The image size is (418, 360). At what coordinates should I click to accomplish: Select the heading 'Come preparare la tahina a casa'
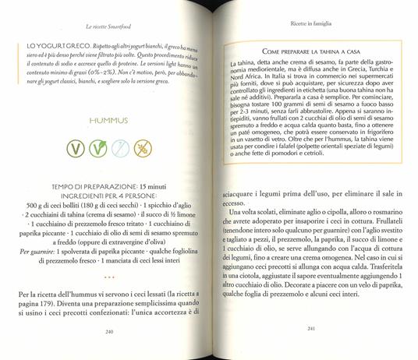300,51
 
